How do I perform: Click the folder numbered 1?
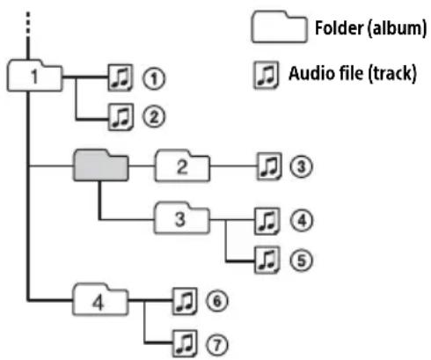pyautogui.click(x=34, y=76)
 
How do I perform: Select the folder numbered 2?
pyautogui.click(x=182, y=165)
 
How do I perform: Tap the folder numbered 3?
pyautogui.click(x=182, y=218)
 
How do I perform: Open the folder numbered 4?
pyautogui.click(x=100, y=299)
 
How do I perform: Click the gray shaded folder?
pyautogui.click(x=100, y=165)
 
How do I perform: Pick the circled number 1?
pyautogui.click(x=154, y=78)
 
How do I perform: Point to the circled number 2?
pyautogui.click(x=154, y=117)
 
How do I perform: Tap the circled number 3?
pyautogui.click(x=301, y=166)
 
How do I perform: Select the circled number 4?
pyautogui.click(x=302, y=221)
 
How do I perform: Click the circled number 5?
pyautogui.click(x=302, y=261)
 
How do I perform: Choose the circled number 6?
pyautogui.click(x=216, y=301)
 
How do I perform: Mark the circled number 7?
pyautogui.click(x=216, y=344)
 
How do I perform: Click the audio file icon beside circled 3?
pyautogui.click(x=269, y=166)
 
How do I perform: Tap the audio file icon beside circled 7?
pyautogui.click(x=185, y=343)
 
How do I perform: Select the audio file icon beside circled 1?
pyautogui.click(x=121, y=77)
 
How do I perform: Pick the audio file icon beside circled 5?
pyautogui.click(x=267, y=261)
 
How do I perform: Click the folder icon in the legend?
pyautogui.click(x=280, y=26)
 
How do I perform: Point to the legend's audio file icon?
pyautogui.click(x=266, y=75)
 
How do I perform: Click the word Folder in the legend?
pyautogui.click(x=339, y=28)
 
